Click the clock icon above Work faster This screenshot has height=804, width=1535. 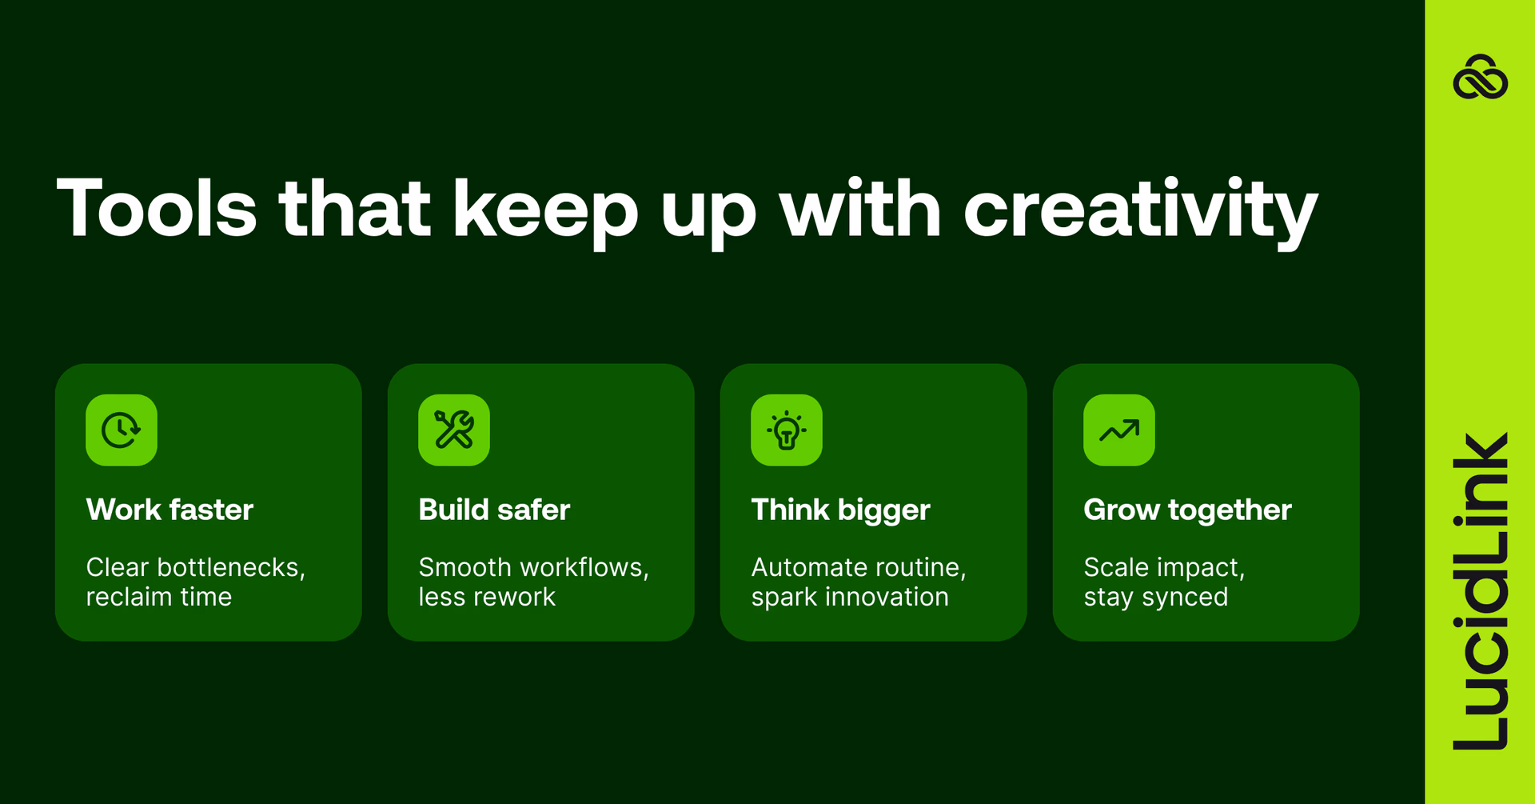click(122, 430)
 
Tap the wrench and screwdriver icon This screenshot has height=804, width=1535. click(454, 430)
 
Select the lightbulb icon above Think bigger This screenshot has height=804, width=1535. click(787, 430)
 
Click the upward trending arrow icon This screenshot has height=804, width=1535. click(1119, 430)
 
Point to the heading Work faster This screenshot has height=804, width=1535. click(169, 510)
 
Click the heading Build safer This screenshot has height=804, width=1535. click(494, 510)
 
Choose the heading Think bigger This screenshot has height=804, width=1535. click(840, 510)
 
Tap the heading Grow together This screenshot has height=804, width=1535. click(1187, 510)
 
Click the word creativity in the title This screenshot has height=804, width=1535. click(1140, 210)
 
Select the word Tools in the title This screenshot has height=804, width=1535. click(157, 210)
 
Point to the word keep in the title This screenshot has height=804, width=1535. click(545, 210)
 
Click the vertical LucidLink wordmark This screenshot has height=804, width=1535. click(1480, 592)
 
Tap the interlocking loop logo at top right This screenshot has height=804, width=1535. click(1480, 78)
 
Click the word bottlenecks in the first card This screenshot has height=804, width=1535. click(230, 567)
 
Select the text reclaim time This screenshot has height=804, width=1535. click(159, 597)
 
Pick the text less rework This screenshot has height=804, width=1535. click(487, 597)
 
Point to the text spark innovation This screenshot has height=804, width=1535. click(850, 597)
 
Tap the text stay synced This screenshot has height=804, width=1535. click(1155, 597)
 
